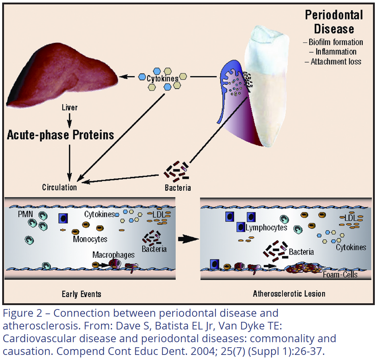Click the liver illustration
63,75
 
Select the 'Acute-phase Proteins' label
60,135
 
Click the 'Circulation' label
59,187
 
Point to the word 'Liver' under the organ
70,107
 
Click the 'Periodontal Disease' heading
334,22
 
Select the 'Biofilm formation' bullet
333,42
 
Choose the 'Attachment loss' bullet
333,62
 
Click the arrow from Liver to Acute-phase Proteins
70,120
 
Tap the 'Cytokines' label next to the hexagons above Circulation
163,79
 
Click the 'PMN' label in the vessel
25,214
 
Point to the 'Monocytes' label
90,239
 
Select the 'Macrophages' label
114,255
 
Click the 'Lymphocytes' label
266,228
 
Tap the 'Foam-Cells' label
340,275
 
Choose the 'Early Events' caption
82,294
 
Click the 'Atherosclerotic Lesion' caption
289,294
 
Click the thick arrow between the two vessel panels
188,239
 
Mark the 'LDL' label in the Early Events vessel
158,215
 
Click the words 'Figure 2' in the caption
22,313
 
